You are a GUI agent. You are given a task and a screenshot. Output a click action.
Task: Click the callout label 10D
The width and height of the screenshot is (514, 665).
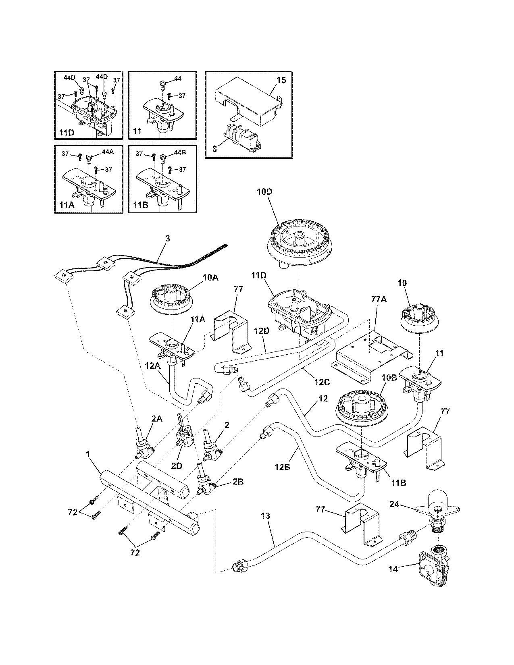tap(264, 192)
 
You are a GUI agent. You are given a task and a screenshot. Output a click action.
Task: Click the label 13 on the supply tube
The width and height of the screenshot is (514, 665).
tap(265, 516)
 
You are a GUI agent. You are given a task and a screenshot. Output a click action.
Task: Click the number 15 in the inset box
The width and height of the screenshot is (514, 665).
tap(281, 80)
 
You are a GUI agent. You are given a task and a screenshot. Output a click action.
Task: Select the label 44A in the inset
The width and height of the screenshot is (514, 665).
tap(107, 152)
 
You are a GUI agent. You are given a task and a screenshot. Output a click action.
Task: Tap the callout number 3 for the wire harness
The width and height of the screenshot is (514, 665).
tap(168, 239)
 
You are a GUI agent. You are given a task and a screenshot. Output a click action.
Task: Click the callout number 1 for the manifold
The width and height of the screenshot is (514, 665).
tap(87, 454)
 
